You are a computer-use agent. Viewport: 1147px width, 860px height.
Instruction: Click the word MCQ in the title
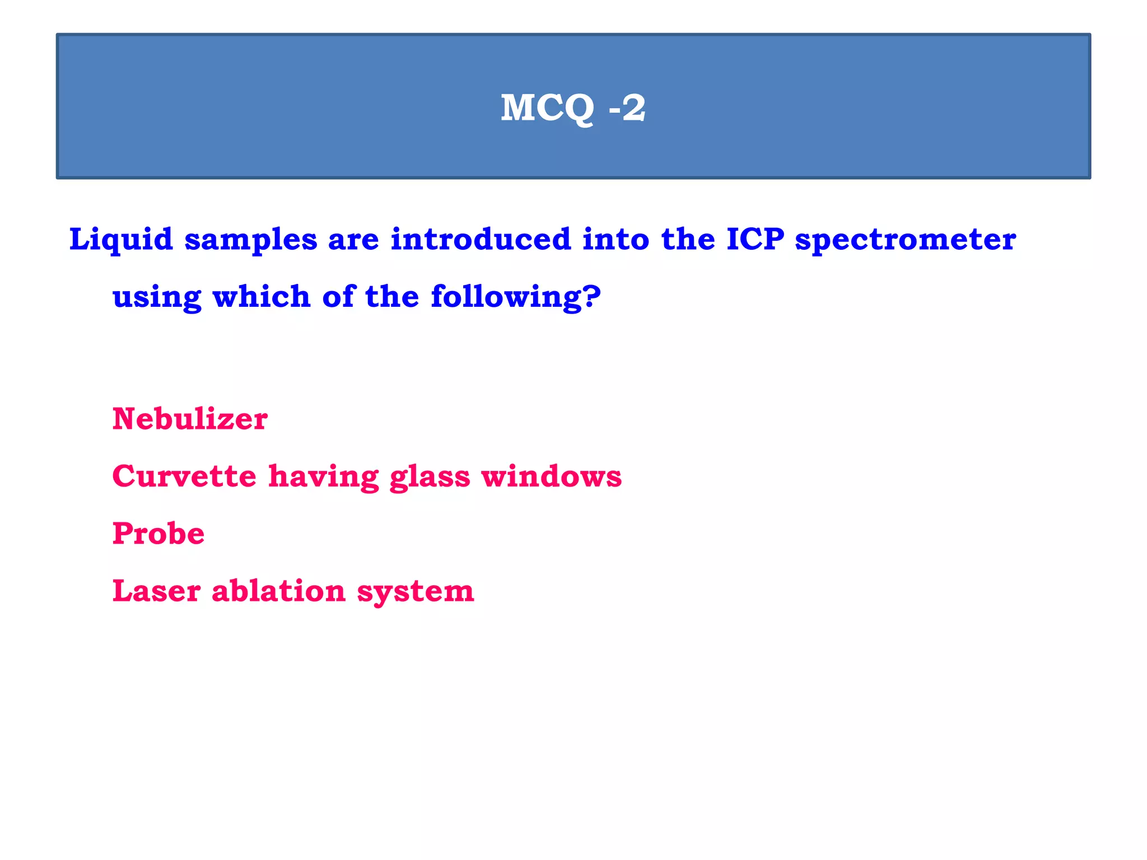tap(547, 107)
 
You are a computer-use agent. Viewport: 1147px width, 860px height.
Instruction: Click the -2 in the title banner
tap(627, 107)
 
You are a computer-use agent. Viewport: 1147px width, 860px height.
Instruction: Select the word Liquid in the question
tap(120, 240)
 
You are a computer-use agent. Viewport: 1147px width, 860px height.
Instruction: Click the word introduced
tap(481, 240)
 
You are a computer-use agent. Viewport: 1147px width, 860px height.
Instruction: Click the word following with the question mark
tap(515, 297)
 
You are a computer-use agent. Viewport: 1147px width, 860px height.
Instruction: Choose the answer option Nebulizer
tap(190, 419)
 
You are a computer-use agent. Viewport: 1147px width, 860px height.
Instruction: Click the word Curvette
tap(184, 476)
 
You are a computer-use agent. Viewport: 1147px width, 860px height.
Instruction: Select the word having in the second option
tap(323, 478)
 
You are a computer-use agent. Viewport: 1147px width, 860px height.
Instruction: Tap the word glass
tap(430, 478)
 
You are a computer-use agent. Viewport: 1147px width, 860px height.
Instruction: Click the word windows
tap(551, 476)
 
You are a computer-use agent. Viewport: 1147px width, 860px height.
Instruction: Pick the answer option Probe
tap(158, 534)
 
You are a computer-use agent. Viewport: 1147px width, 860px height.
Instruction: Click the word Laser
tap(156, 591)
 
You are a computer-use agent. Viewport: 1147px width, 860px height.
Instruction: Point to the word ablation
tap(278, 591)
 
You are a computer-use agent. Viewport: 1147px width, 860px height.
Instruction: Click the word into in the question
tap(616, 240)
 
